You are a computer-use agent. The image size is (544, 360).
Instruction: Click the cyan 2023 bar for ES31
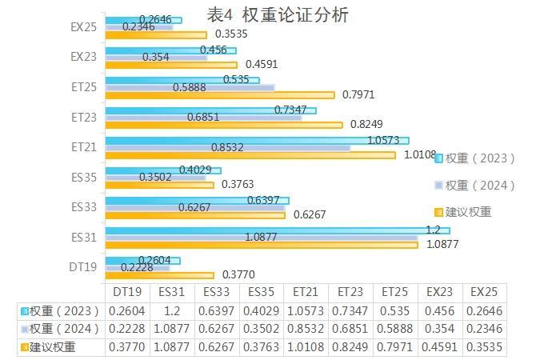pyautogui.click(x=277, y=230)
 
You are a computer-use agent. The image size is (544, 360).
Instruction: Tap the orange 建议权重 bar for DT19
pyautogui.click(x=159, y=275)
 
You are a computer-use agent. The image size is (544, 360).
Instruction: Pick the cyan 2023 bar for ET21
pyautogui.click(x=256, y=140)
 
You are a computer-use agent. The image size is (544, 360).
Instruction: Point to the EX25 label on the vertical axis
pyautogui.click(x=83, y=26)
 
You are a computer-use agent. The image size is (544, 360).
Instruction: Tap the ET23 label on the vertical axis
pyautogui.click(x=83, y=117)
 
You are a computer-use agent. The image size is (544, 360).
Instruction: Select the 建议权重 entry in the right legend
pyautogui.click(x=468, y=212)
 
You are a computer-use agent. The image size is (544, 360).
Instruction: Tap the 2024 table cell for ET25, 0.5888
pyautogui.click(x=396, y=329)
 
